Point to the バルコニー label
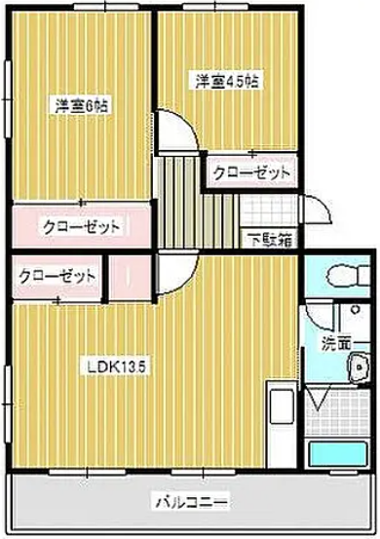tap(191, 503)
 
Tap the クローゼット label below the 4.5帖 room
tap(252, 173)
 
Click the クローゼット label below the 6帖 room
tap(81, 226)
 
